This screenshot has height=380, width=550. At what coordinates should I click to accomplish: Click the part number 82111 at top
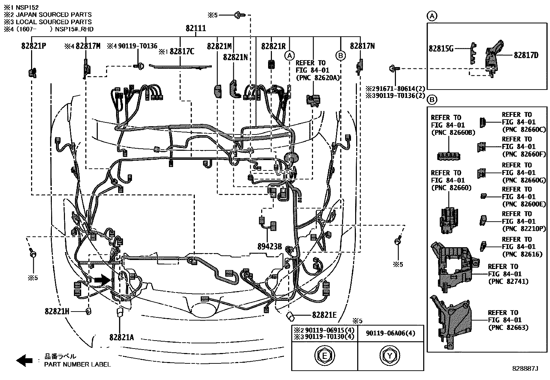click(x=196, y=28)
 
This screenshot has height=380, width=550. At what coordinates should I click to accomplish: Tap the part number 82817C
click(x=182, y=52)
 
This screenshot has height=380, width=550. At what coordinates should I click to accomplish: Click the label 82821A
click(x=122, y=337)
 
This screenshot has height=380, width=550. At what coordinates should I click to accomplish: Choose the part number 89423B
click(x=269, y=247)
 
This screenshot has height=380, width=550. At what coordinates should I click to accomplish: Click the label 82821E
click(x=324, y=315)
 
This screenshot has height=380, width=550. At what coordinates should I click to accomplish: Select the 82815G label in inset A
click(x=441, y=49)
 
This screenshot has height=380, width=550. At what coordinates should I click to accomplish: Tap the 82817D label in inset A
click(x=526, y=55)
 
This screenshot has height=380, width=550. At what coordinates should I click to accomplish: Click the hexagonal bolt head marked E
click(x=325, y=355)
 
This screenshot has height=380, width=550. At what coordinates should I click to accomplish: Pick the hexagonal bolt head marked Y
click(x=390, y=355)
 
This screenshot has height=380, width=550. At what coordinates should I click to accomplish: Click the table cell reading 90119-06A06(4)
click(x=390, y=333)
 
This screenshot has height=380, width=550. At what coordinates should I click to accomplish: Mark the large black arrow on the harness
click(x=101, y=280)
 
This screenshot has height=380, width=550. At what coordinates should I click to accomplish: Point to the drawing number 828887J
click(x=525, y=369)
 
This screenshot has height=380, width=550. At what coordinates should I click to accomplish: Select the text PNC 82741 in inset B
click(x=508, y=281)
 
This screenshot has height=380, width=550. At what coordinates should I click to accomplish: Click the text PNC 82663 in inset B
click(x=508, y=327)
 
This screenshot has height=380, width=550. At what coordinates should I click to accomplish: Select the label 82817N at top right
click(x=362, y=46)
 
